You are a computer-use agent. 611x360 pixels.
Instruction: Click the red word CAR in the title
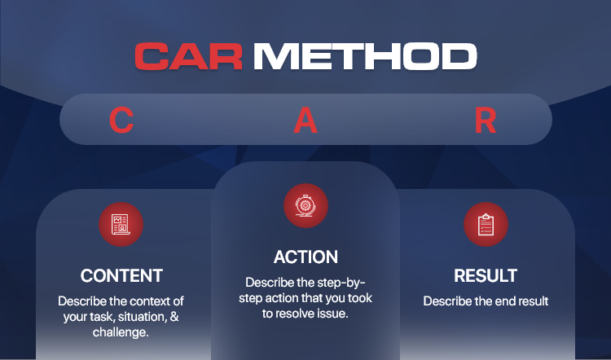coord(189,56)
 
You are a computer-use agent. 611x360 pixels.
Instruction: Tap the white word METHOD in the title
coord(365,56)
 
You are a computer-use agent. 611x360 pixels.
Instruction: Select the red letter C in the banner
coord(121,120)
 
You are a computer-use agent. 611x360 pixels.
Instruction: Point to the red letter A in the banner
coord(305,120)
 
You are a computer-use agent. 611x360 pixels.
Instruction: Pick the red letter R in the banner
coord(486,120)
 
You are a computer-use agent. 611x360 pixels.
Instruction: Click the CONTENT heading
coord(121,276)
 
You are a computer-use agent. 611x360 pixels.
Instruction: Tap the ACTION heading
coord(305,257)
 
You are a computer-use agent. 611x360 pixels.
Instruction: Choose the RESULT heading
coord(486,276)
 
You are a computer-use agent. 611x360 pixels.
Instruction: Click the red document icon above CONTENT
coord(121,225)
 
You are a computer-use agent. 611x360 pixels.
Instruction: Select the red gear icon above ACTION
coord(305,206)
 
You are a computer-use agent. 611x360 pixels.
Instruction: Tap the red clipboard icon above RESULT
coord(486,225)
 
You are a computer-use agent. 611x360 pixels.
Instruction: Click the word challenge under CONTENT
coord(119,332)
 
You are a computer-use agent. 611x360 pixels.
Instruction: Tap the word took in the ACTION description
coord(358,298)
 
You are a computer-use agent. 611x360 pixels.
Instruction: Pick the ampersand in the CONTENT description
coord(174,316)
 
